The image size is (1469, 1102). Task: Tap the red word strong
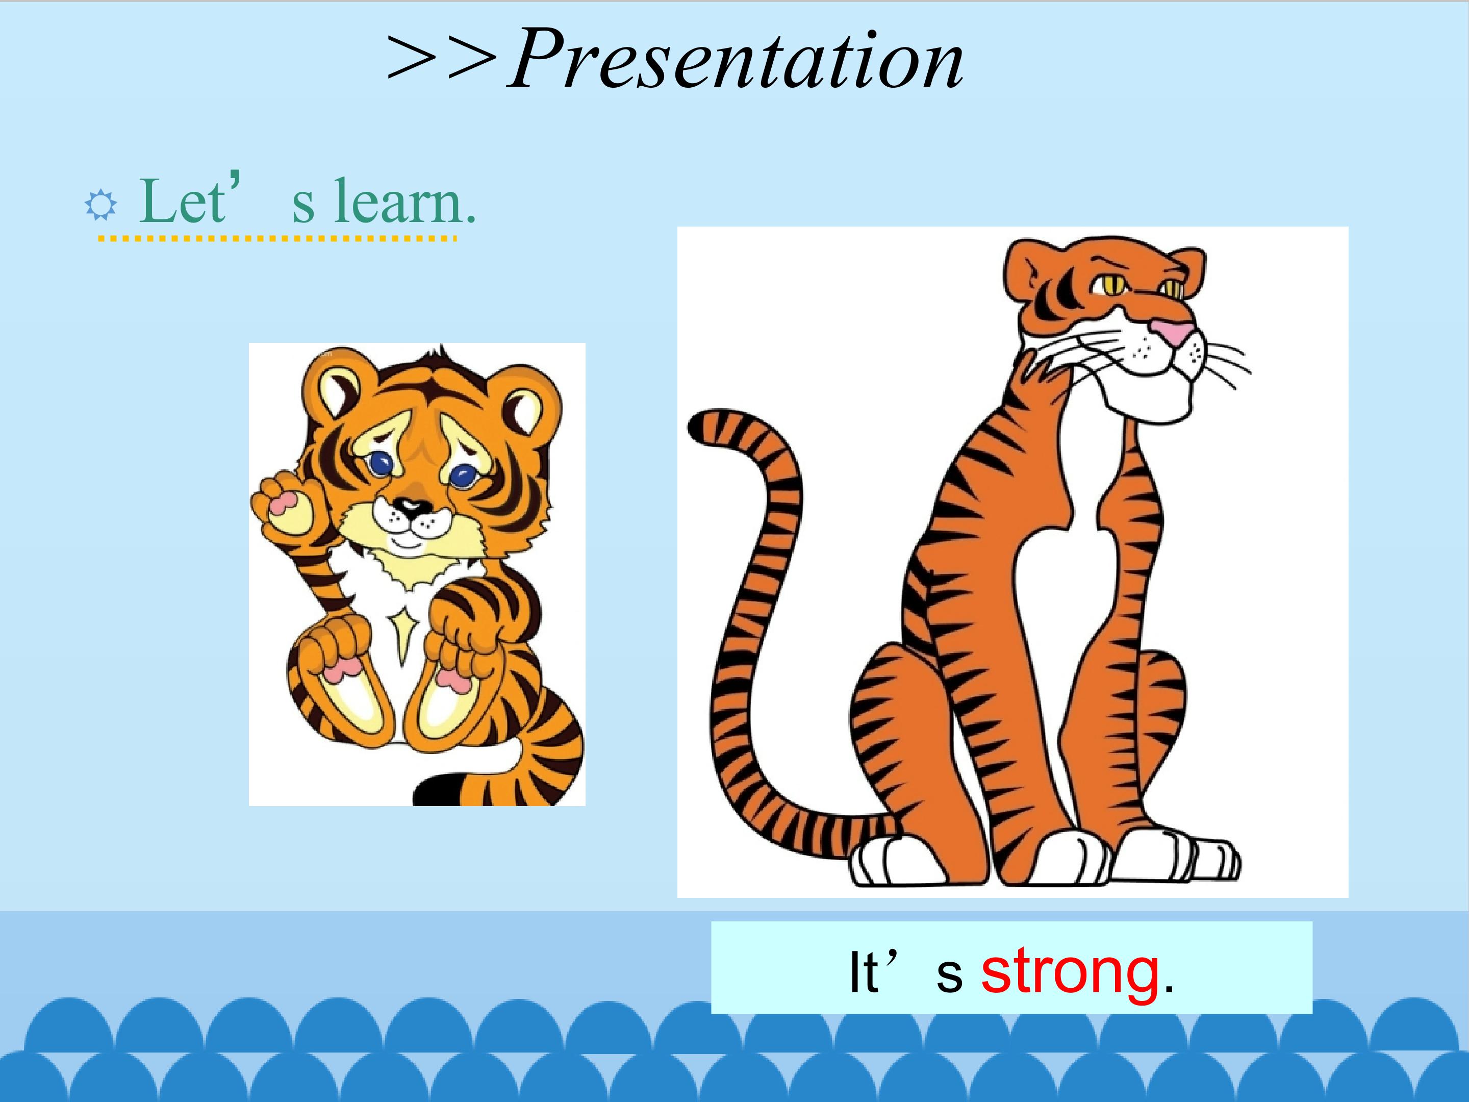click(1071, 972)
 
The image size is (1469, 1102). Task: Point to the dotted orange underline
click(277, 237)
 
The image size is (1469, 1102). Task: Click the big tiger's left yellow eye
click(1109, 285)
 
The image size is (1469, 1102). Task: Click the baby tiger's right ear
click(530, 407)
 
